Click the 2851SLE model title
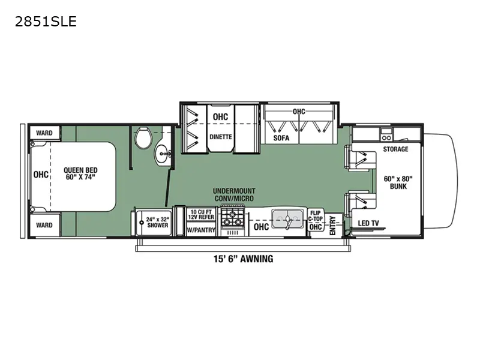pos(46,22)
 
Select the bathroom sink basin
pos(163,155)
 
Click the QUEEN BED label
pos(80,173)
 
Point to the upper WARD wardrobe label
pos(44,133)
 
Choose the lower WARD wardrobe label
pos(44,226)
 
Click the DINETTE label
pos(221,137)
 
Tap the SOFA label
pos(281,138)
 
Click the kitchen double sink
pos(287,218)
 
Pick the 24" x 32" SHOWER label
pos(157,222)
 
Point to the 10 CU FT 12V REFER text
pos(201,214)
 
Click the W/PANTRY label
pos(201,230)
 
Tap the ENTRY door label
pos(333,226)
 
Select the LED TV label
pos(368,223)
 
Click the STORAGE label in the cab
pos(395,149)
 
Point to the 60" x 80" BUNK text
pos(398,182)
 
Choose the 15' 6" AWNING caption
pos(244,259)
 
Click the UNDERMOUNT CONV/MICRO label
pos(234,194)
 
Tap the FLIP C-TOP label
pos(316,216)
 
